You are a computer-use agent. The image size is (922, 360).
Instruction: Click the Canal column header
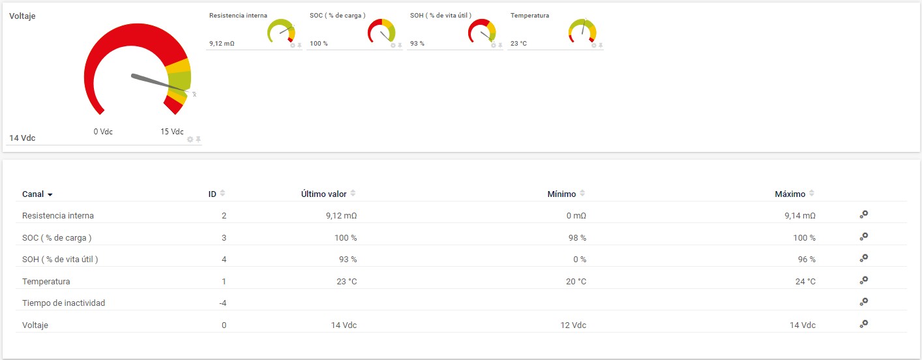point(33,194)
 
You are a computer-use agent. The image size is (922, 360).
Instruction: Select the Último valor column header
point(323,194)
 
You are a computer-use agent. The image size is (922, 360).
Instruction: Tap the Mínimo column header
point(561,194)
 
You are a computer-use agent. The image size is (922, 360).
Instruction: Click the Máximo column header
point(790,194)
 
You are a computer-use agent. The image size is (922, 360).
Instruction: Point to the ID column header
point(212,194)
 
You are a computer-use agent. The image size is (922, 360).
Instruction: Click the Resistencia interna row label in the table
point(58,216)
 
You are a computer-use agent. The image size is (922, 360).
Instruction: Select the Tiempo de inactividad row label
point(63,303)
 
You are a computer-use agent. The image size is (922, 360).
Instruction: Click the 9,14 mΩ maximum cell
point(799,216)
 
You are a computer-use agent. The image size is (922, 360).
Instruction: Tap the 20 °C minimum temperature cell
point(576,281)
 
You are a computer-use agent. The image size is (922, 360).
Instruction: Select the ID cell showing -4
point(222,303)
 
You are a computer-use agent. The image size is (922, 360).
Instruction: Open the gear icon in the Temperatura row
point(864,280)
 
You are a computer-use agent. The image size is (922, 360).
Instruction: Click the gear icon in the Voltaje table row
point(864,323)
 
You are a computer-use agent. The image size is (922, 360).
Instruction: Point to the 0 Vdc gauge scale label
point(103,132)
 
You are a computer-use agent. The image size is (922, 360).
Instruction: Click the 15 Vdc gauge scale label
point(172,132)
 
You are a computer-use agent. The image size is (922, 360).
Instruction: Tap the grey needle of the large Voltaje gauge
point(156,83)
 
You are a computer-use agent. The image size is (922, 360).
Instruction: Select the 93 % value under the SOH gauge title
point(417,44)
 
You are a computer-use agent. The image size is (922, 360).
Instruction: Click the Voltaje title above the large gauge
point(22,16)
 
